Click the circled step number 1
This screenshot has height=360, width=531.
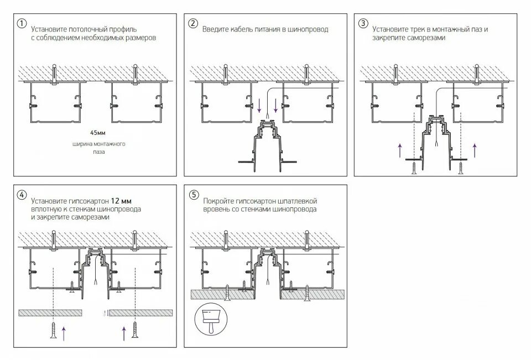coord(22,24)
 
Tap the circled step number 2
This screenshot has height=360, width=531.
coord(192,24)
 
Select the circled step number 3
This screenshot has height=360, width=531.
coord(363,23)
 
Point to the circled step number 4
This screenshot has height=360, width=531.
coord(22,195)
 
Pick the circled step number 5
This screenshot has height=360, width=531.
coord(193,195)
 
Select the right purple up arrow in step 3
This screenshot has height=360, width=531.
coord(475,149)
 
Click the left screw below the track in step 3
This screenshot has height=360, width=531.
coord(414,166)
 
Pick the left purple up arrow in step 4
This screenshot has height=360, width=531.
coord(64,332)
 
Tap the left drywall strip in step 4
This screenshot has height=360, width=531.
coord(50,312)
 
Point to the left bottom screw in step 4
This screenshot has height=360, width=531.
coord(54,330)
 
